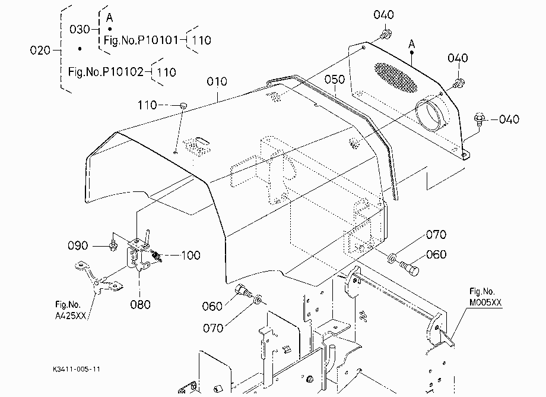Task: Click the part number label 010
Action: click(x=217, y=81)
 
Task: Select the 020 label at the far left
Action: click(x=40, y=51)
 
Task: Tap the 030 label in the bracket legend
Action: click(x=80, y=30)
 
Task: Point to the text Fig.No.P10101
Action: click(x=141, y=40)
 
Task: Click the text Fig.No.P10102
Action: click(x=106, y=72)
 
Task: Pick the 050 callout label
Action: click(x=335, y=80)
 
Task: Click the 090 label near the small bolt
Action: click(x=78, y=245)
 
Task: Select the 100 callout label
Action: click(x=191, y=256)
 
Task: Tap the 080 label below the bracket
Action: click(x=140, y=305)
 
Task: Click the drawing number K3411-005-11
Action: click(x=77, y=369)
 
